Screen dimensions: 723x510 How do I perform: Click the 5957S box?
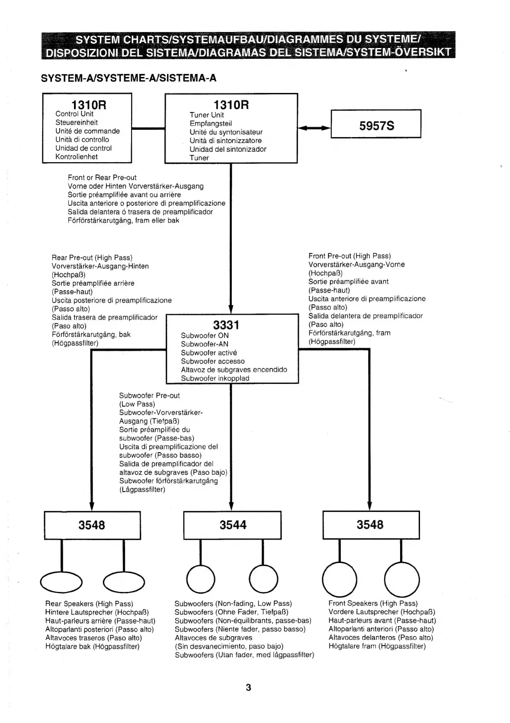tap(375, 124)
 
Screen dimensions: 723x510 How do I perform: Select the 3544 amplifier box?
tap(232, 525)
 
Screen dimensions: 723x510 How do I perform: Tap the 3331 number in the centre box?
tap(226, 325)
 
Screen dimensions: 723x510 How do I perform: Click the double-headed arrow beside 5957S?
tap(314, 128)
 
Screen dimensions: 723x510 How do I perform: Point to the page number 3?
tap(248, 687)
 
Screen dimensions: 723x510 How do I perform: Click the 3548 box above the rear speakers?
tap(92, 525)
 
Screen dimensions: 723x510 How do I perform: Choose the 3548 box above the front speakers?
tap(371, 525)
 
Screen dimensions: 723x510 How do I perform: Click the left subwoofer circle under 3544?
tap(200, 579)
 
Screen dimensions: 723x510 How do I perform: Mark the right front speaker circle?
tap(402, 579)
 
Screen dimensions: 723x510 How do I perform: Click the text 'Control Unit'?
tap(74, 114)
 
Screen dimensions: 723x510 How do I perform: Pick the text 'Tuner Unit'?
tap(207, 115)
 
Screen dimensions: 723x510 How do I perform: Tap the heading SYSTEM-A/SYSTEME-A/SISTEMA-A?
tap(128, 78)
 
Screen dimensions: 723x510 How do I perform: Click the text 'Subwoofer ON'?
tap(205, 336)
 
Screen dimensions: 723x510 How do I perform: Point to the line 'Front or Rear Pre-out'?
tap(102, 178)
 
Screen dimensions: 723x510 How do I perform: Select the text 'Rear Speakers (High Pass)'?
tap(89, 604)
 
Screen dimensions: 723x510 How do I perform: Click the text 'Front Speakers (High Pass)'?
tap(373, 603)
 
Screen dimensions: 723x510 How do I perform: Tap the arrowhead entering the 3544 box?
tap(231, 507)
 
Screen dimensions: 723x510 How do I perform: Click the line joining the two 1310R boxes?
tap(148, 128)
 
